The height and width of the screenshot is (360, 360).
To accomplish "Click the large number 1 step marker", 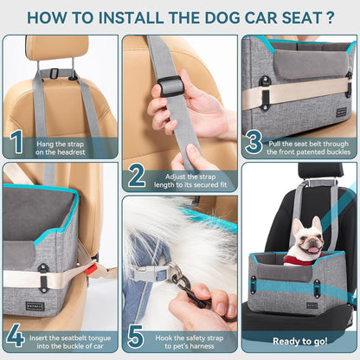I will click(x=16, y=141).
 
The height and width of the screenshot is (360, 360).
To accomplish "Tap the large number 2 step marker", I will click(x=136, y=176).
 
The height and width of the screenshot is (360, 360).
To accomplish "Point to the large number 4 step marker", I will click(x=16, y=335).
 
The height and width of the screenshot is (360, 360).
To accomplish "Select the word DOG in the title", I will click(x=228, y=16).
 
